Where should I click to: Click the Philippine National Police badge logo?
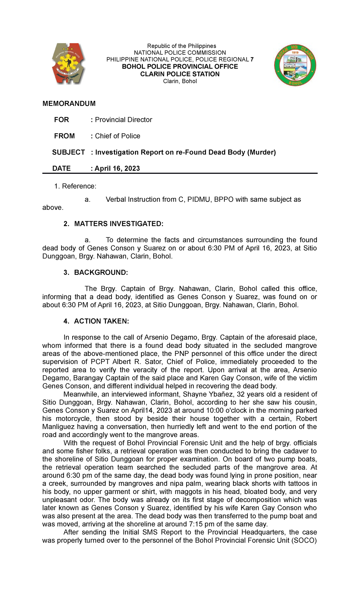pos(68,63)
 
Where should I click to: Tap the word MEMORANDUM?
pos(69,104)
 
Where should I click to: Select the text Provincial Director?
pos(123,120)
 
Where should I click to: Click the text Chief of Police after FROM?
pos(117,136)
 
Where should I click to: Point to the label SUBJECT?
pos(68,152)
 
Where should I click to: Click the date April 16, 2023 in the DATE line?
pos(117,168)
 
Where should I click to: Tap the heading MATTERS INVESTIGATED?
pos(118,224)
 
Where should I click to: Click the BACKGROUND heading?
pos(101,272)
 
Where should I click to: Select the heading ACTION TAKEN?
pos(101,321)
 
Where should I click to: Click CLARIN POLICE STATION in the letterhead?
pos(180,74)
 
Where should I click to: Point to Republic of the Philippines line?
pos(181,46)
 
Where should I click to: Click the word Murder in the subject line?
pos(261,152)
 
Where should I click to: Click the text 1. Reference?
pos(75,186)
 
